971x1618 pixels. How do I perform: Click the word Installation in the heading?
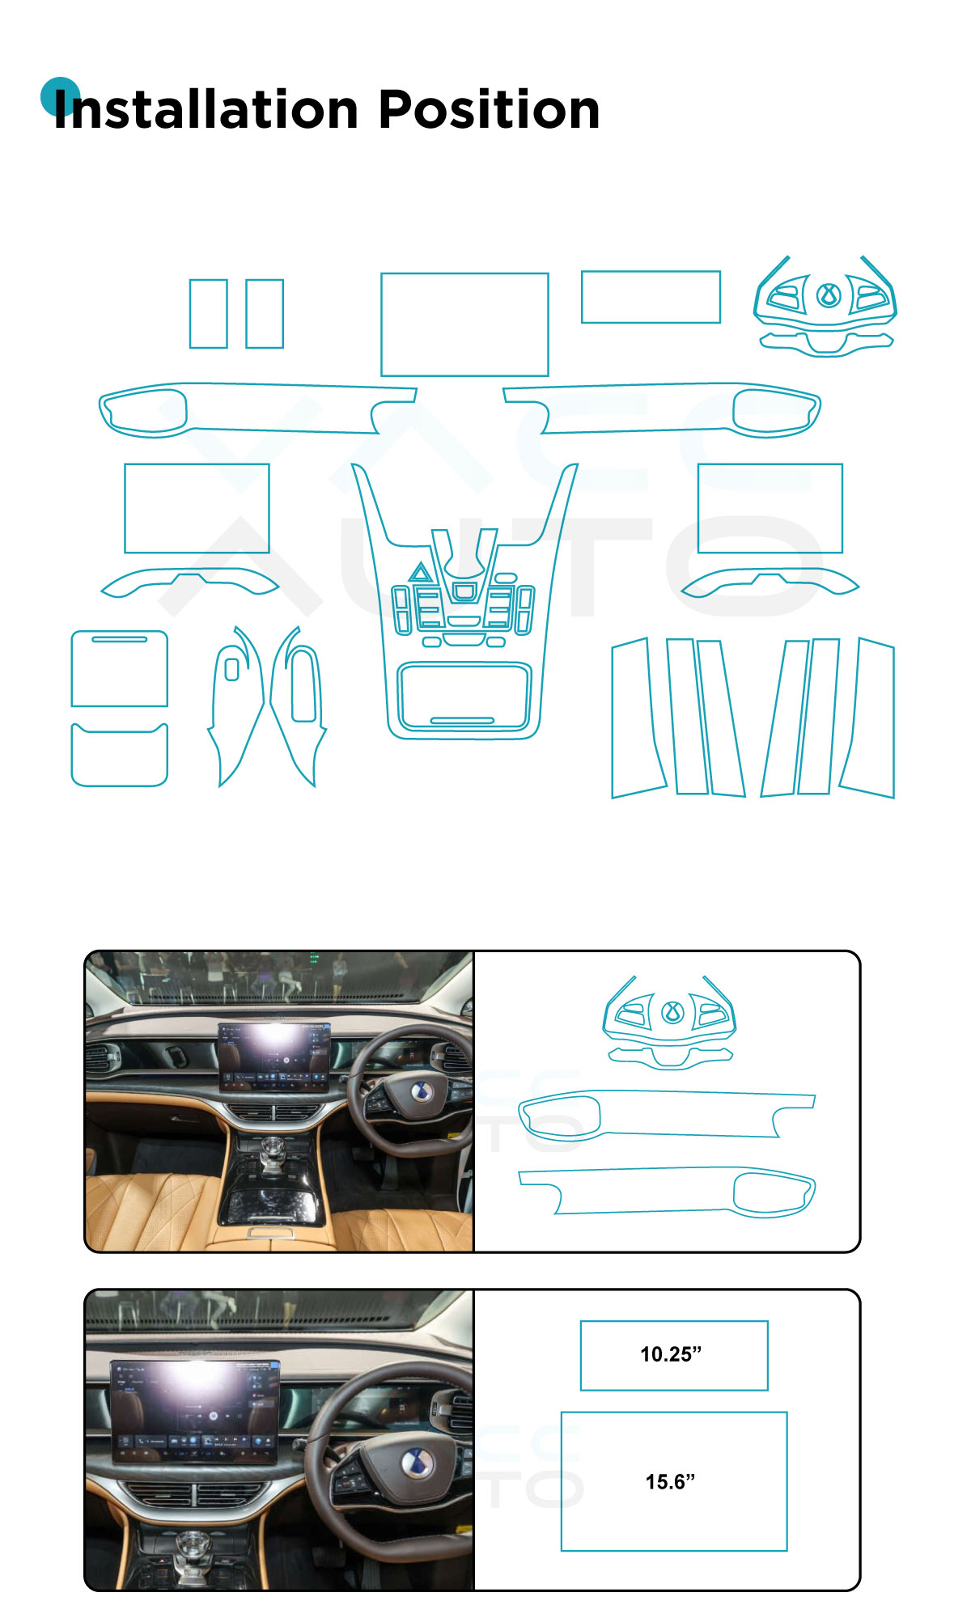point(206,110)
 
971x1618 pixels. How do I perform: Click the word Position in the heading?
point(489,110)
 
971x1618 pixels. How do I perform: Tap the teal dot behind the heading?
point(60,96)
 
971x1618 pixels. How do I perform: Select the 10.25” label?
point(671,1354)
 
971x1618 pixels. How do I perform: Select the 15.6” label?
point(670,1481)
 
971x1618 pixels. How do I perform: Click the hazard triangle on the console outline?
point(420,573)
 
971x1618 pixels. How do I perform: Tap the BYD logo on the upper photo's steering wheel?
point(419,1091)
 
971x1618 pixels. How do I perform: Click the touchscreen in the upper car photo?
point(274,1057)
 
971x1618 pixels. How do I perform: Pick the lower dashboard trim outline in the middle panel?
point(667,1191)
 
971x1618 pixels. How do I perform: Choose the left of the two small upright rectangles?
point(208,314)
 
